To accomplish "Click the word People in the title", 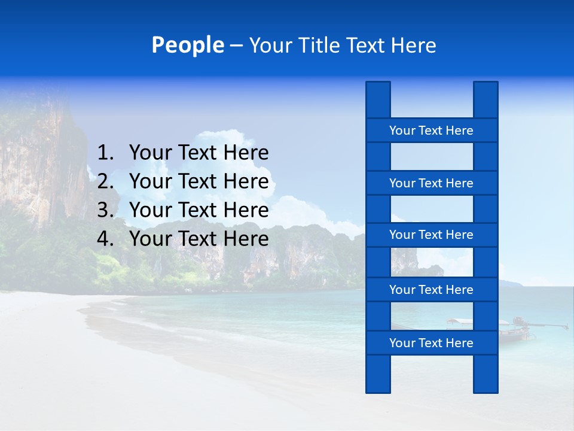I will [187, 45].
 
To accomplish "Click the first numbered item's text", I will [199, 153].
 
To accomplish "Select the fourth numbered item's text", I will [199, 239].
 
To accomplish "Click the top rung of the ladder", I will [431, 130].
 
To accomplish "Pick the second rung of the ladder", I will [431, 183].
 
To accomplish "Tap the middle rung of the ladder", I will [431, 235].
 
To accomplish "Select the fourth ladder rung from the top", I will [431, 290].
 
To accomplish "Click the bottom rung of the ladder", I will [431, 343].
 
